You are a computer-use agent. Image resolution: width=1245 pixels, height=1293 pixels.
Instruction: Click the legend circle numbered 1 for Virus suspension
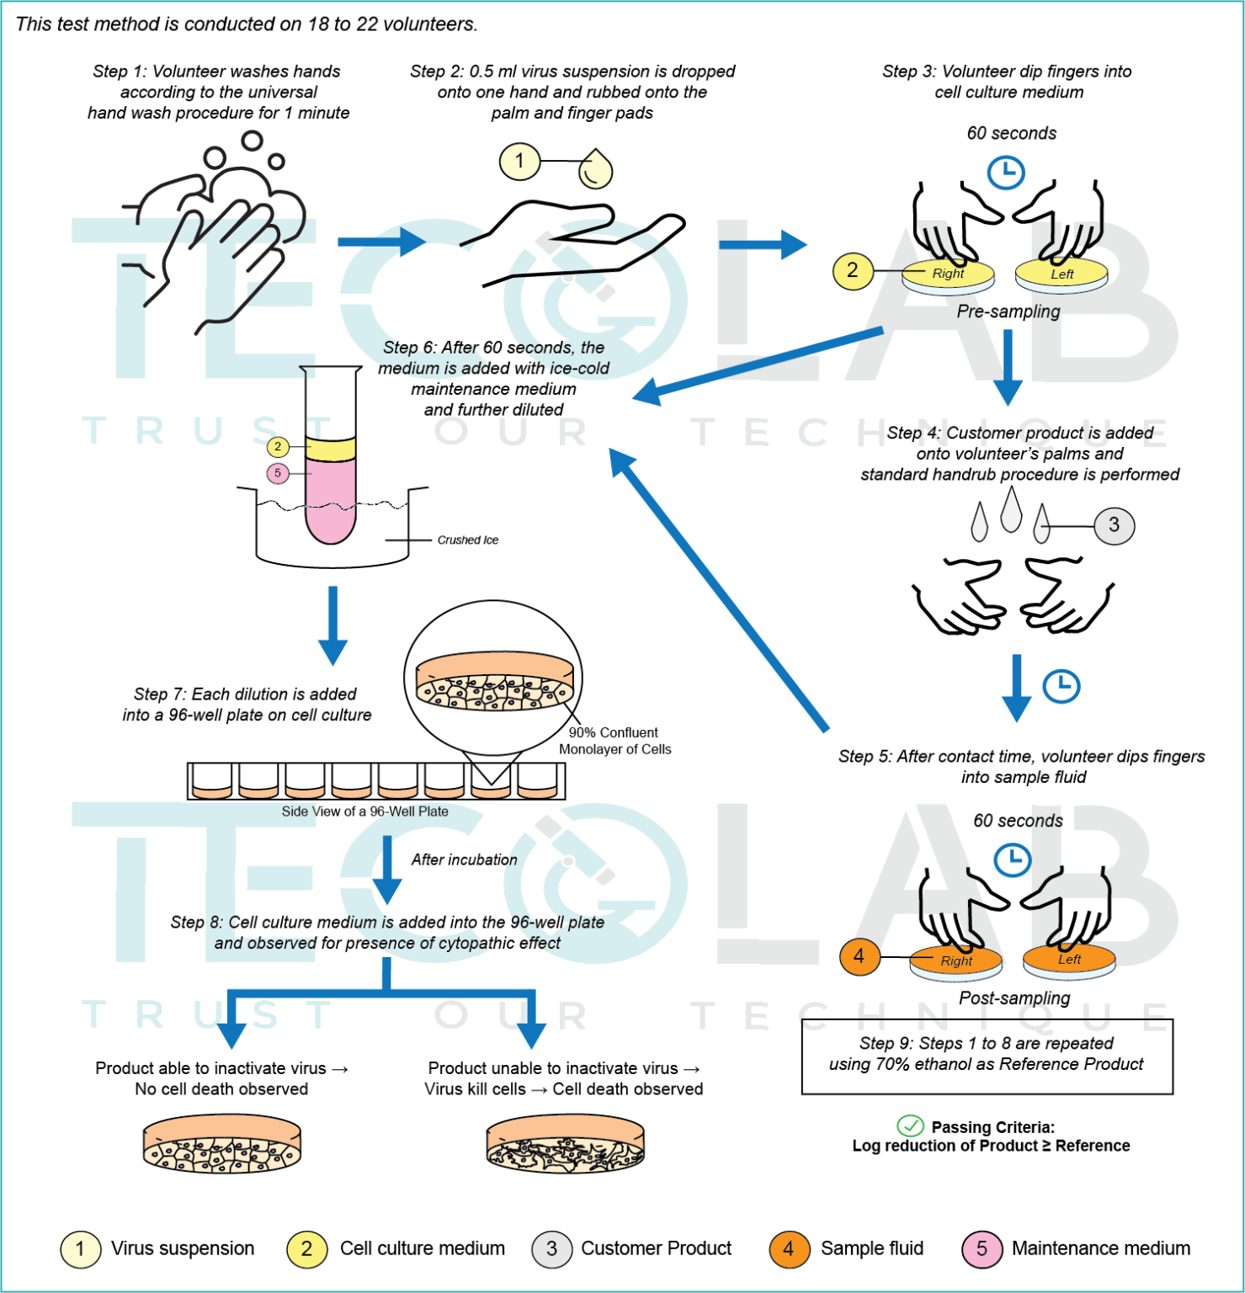(80, 1248)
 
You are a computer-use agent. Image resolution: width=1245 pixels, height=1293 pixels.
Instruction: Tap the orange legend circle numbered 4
(788, 1248)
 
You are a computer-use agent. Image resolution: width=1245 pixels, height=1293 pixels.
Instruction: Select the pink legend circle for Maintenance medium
(982, 1248)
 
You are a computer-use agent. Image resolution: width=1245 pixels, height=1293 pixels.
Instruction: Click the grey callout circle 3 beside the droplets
(1114, 525)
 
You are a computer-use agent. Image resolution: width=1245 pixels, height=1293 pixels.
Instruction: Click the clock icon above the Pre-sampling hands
(1006, 173)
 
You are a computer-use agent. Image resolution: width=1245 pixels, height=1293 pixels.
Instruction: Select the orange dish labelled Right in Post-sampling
(956, 960)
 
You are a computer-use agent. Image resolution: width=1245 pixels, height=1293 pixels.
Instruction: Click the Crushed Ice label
(467, 540)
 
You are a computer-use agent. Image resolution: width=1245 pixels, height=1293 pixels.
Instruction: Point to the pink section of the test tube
(330, 501)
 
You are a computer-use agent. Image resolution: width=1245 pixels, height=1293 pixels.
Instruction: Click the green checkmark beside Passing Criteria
(910, 1125)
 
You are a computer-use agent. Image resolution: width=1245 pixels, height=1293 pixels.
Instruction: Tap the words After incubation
(464, 859)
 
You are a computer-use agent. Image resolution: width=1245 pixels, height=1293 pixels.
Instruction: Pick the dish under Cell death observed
(565, 1145)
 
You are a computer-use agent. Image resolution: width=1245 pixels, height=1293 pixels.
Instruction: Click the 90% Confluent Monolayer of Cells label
(615, 741)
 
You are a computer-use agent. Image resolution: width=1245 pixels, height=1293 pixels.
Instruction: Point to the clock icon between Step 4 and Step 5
(1061, 686)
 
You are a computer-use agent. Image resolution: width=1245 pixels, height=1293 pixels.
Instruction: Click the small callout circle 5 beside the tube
(278, 473)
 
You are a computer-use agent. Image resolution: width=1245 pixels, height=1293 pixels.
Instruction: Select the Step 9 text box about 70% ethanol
(987, 1056)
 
